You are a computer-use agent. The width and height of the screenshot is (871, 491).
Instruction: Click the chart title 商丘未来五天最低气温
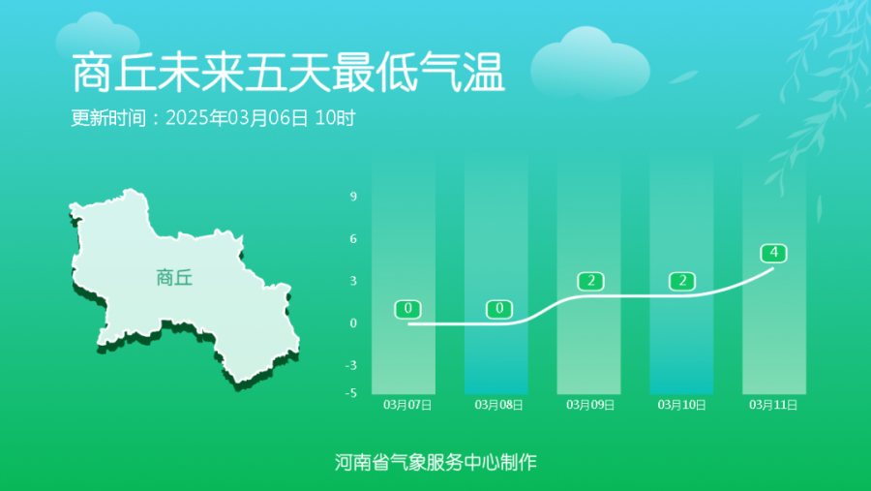click(x=287, y=73)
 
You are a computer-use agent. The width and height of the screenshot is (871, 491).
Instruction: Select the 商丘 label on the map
click(x=174, y=278)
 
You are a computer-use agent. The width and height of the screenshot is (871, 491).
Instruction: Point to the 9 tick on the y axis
click(x=353, y=197)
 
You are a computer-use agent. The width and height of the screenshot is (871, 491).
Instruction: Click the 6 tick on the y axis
click(x=353, y=238)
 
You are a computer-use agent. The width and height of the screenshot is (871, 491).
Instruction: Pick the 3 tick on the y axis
click(x=353, y=281)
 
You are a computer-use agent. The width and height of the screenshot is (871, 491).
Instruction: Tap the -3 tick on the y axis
click(x=351, y=365)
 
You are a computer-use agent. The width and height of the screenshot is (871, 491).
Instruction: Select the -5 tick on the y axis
click(x=351, y=392)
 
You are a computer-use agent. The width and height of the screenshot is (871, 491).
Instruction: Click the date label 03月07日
click(x=407, y=405)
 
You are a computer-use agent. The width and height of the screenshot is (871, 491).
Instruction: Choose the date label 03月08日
click(x=498, y=405)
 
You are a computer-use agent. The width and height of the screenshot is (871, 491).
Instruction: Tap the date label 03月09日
click(x=590, y=405)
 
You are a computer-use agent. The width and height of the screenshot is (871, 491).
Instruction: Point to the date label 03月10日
click(x=682, y=405)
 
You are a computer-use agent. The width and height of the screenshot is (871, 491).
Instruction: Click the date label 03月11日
click(x=773, y=405)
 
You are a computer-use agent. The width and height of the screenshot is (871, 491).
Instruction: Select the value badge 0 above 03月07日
click(x=407, y=309)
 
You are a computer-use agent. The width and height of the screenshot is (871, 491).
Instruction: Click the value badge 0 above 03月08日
click(x=499, y=309)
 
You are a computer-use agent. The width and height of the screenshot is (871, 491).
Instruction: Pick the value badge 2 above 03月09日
click(x=591, y=282)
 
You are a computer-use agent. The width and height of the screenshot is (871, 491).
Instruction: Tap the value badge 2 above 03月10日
click(x=682, y=282)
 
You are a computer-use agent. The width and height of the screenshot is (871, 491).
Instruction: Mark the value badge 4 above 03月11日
click(x=774, y=253)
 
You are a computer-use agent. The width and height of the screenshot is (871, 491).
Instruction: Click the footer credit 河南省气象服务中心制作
click(x=435, y=462)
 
